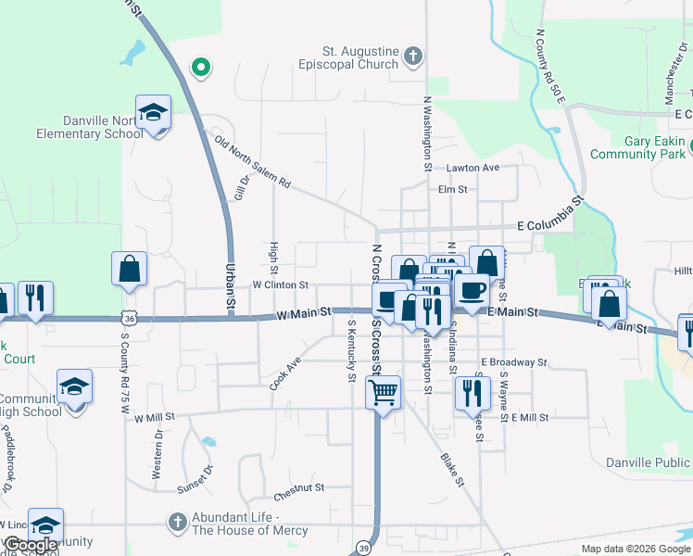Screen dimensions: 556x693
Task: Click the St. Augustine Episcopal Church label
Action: point(348,58)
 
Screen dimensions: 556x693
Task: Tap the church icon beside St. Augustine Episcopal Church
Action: point(413,58)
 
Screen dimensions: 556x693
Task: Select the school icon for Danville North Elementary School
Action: point(153,113)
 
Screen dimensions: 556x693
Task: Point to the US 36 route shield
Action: point(128,317)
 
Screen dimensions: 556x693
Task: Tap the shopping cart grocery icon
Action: point(382,392)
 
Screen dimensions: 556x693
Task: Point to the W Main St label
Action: point(304,314)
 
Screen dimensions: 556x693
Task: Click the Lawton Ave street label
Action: point(472,168)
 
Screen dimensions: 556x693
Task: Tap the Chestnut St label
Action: point(298,486)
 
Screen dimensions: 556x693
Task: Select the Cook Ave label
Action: point(286,373)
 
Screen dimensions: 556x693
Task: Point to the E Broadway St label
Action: point(514,362)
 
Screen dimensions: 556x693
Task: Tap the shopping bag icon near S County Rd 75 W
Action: point(129,269)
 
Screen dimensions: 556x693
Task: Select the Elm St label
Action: point(452,189)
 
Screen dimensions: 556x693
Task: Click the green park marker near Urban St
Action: point(199,67)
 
